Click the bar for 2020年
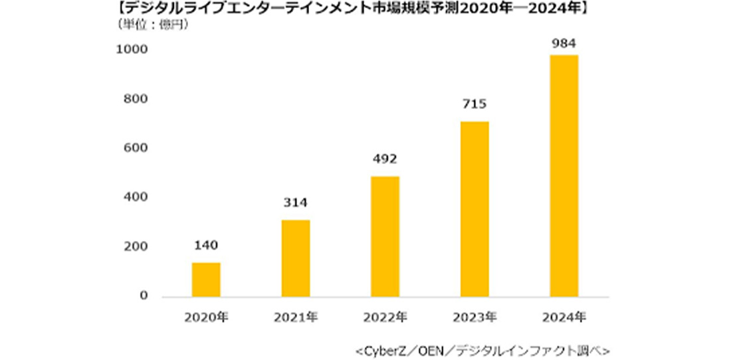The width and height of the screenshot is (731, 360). (x=206, y=280)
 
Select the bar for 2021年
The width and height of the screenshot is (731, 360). (x=295, y=258)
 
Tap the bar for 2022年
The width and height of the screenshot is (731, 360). (x=385, y=236)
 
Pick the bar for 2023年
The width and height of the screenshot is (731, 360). (x=474, y=209)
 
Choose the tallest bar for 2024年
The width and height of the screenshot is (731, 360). (x=564, y=176)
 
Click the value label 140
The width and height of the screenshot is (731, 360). (x=206, y=246)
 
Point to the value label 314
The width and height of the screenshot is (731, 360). (x=295, y=203)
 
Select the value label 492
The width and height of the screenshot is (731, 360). (x=385, y=159)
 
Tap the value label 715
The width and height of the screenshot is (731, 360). (x=474, y=104)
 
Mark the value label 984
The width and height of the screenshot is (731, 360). (x=564, y=44)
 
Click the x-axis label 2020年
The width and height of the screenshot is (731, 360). (x=206, y=317)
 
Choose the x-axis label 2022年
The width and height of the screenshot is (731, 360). (x=385, y=317)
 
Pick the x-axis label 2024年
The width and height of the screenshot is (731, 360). (x=564, y=317)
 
